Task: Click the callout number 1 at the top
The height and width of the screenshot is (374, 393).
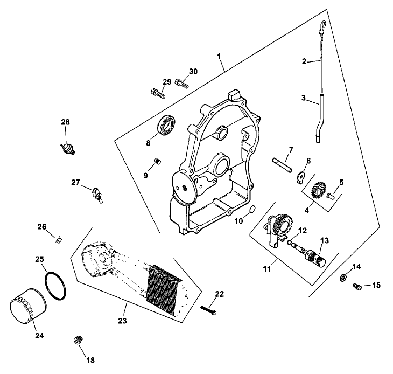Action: [x=219, y=56]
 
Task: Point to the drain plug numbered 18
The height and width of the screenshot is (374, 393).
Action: [x=76, y=340]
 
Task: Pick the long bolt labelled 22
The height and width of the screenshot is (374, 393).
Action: [x=208, y=310]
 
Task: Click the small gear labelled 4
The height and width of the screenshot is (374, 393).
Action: [x=317, y=189]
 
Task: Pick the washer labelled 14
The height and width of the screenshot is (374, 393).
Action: [x=342, y=278]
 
